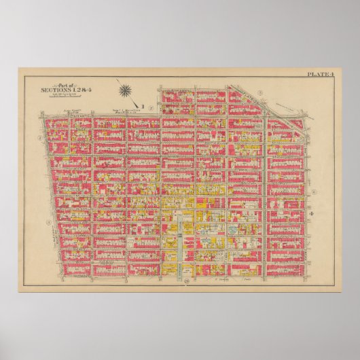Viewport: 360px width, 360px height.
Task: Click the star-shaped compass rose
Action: coord(126,89)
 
